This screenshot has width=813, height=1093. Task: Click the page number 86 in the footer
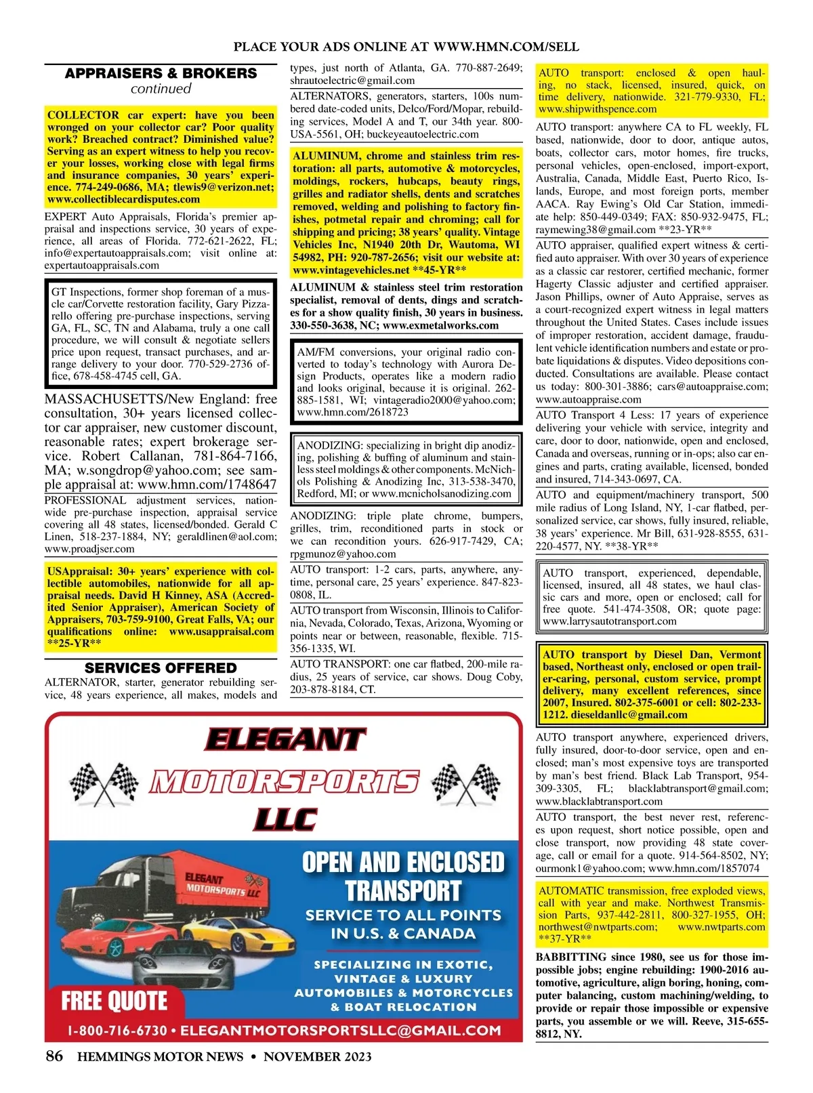54,1056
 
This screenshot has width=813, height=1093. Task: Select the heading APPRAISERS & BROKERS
161,73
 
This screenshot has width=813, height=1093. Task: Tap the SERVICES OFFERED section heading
161,667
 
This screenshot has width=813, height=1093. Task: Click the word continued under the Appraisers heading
161,89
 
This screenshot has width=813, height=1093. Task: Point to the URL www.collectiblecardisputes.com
123,199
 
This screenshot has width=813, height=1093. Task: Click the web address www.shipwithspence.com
597,109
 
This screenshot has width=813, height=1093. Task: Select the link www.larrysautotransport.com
609,621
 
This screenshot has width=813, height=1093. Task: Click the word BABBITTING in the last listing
570,957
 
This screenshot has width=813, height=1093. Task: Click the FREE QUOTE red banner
114,1000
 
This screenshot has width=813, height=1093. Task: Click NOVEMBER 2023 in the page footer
317,1056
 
